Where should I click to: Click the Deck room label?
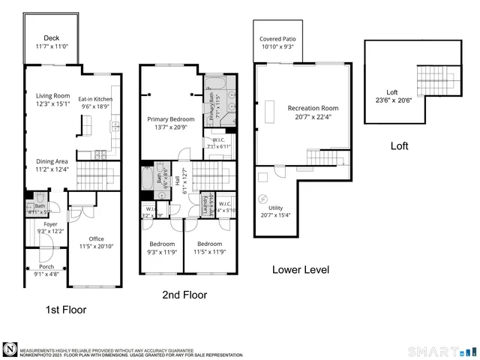coord(51,37)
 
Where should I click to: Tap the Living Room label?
coord(52,95)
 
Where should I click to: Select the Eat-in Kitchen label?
coord(97,99)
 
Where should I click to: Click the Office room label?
coord(97,238)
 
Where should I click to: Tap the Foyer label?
coord(50,223)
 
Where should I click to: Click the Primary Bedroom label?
coord(171,119)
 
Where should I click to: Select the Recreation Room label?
coord(314,108)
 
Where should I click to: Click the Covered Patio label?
coord(277,38)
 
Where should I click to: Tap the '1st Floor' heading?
coord(65,309)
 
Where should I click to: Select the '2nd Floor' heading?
coord(184,295)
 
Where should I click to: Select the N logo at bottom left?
coord(10,349)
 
